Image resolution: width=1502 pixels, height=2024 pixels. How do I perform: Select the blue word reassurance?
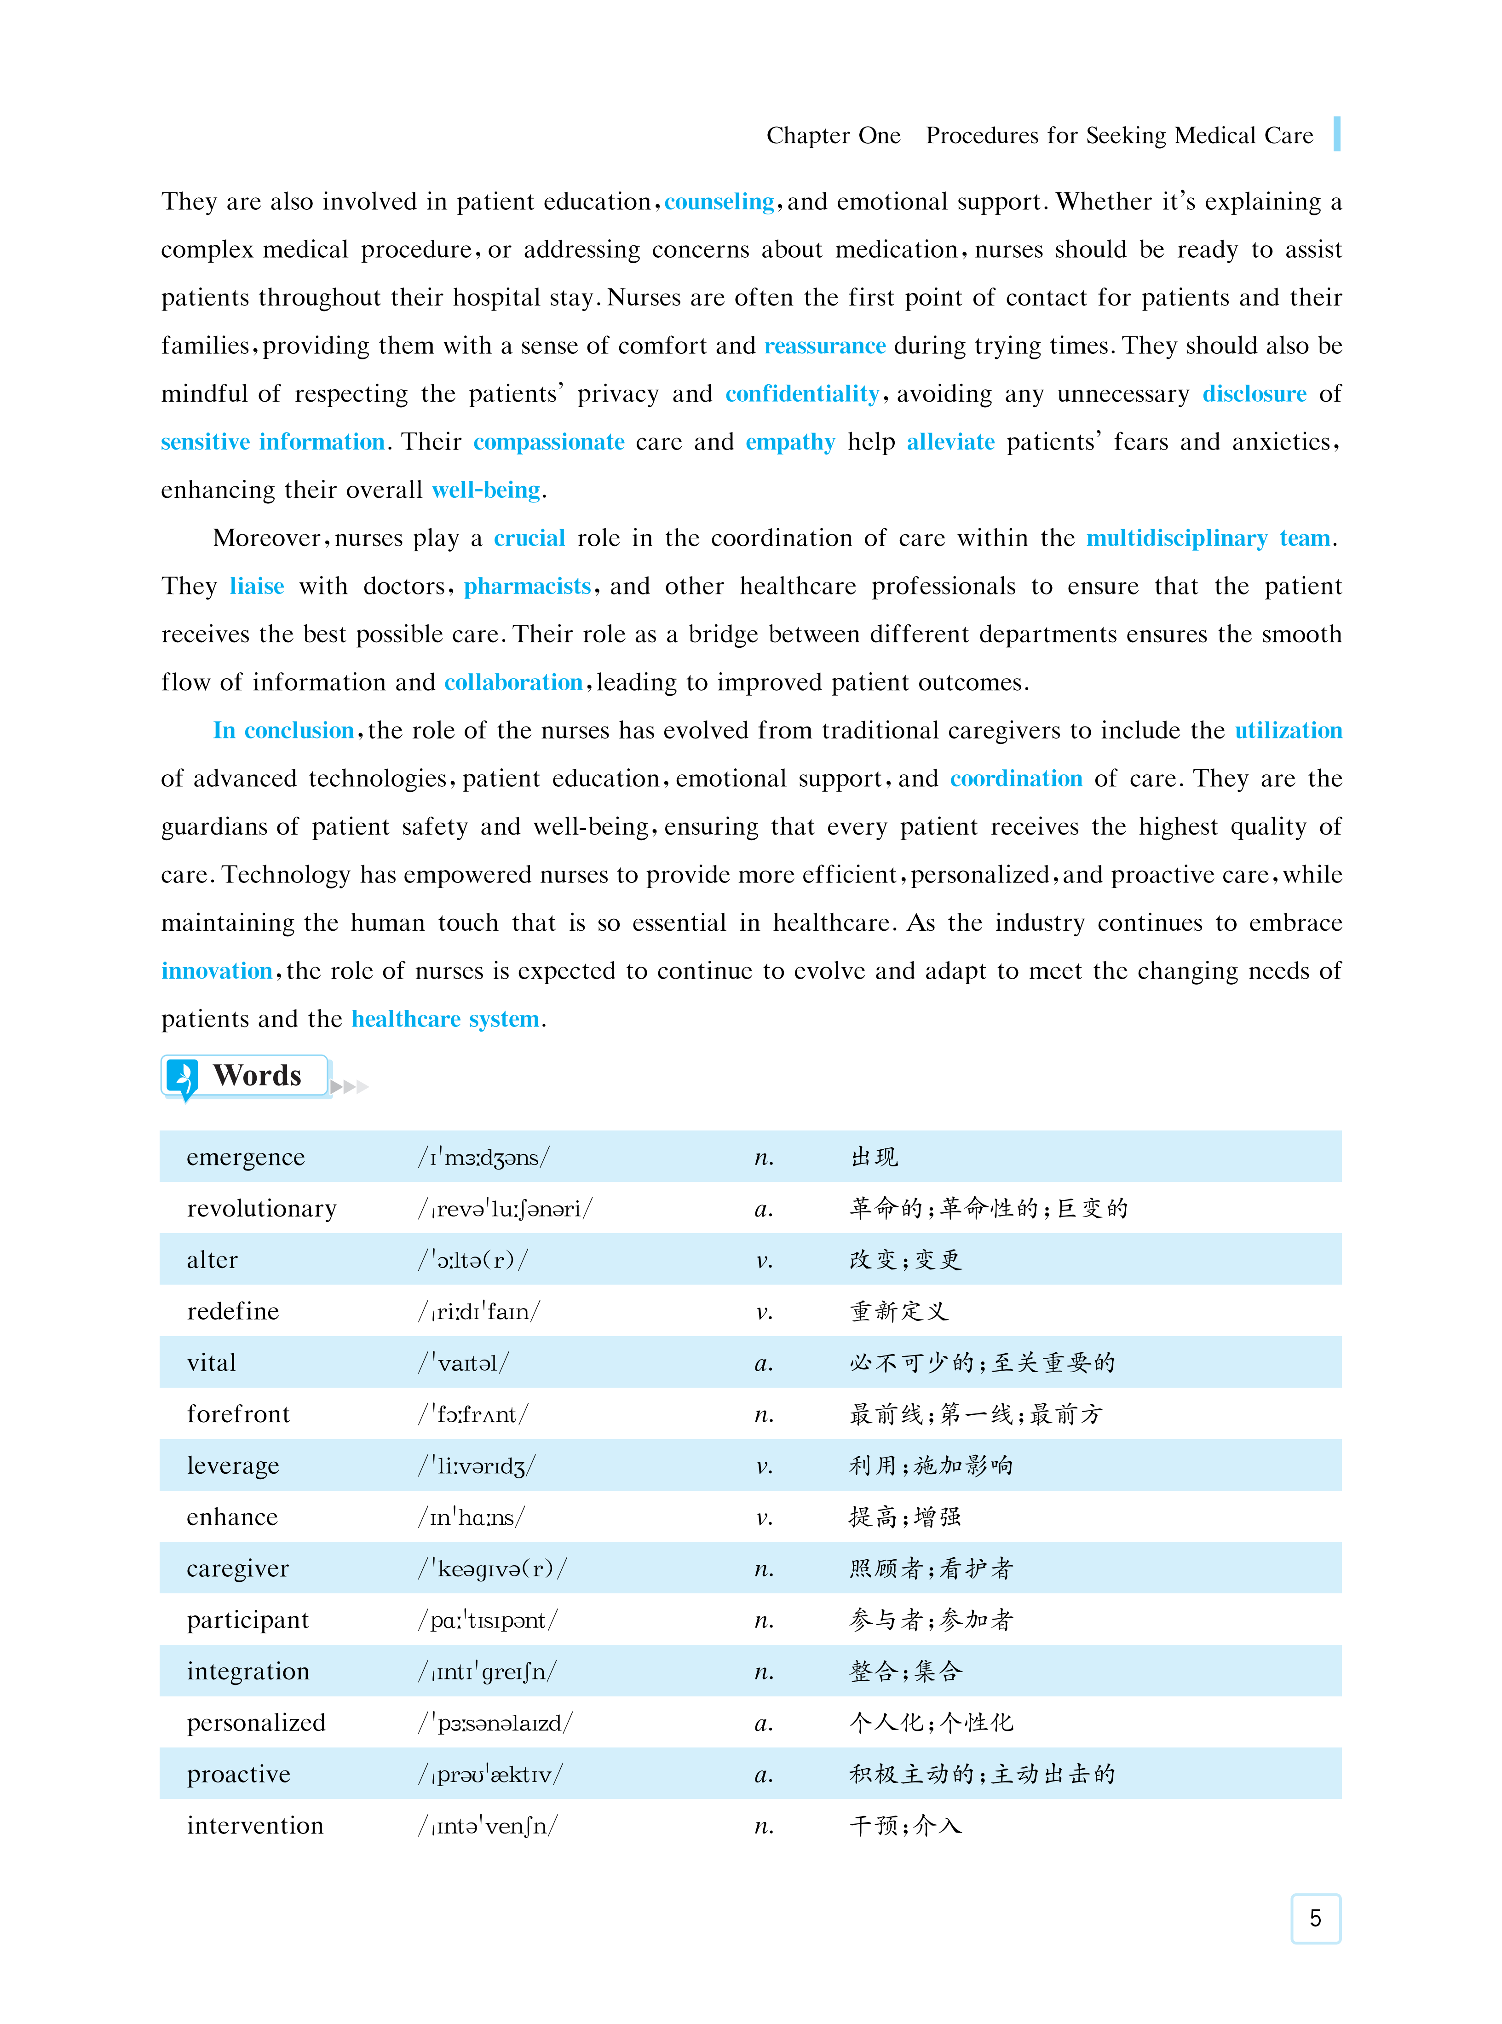[x=825, y=346]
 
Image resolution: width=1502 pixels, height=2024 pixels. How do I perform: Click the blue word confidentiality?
[x=802, y=394]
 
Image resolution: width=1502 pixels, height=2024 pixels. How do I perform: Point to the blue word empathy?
[x=789, y=442]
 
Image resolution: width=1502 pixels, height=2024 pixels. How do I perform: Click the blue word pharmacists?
[x=527, y=587]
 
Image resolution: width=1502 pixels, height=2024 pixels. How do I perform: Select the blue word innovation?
[x=216, y=971]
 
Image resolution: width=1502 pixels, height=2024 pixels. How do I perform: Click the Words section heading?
[x=257, y=1076]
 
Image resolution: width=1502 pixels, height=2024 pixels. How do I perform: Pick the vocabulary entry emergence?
[x=246, y=1158]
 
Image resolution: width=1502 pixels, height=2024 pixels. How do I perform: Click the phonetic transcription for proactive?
[x=491, y=1775]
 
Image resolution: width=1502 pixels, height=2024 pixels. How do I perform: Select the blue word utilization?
[x=1288, y=731]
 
